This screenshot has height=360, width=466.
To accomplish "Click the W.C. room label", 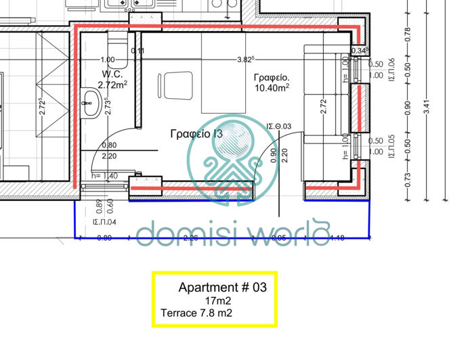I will [x=111, y=74].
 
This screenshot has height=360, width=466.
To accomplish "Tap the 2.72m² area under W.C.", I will [x=112, y=85].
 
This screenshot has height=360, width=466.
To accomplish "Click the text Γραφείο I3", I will [x=196, y=135].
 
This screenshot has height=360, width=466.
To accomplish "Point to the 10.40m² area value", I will [x=272, y=87].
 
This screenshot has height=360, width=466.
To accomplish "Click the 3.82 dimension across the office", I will [x=245, y=60].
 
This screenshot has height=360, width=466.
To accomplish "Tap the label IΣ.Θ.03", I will [x=278, y=127].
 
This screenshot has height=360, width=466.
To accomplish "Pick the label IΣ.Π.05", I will [x=391, y=145].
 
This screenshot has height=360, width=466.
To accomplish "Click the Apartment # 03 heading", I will [x=222, y=288].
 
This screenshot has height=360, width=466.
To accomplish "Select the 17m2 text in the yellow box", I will [x=218, y=300].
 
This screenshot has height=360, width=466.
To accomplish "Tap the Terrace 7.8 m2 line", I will [x=196, y=313].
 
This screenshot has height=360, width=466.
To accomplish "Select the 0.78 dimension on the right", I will [x=407, y=33].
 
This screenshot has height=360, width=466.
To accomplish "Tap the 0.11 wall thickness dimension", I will [x=137, y=50].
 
